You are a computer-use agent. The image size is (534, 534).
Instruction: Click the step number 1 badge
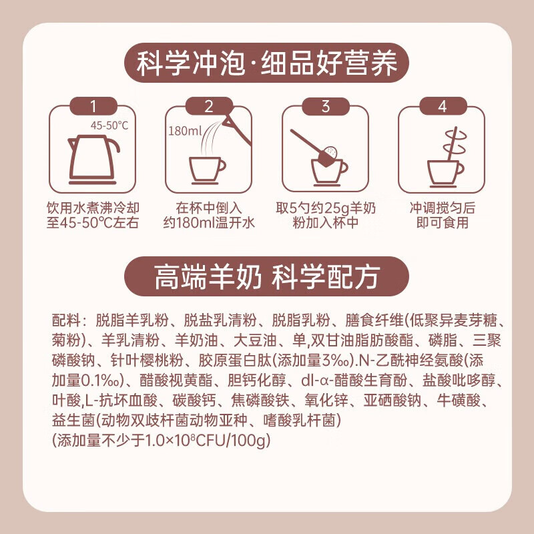click(93, 105)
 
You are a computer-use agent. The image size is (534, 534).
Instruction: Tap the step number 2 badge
click(209, 105)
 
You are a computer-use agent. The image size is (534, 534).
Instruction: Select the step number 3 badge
click(325, 105)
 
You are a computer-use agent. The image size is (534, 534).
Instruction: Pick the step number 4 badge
click(441, 105)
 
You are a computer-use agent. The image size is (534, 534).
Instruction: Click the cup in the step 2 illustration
click(207, 168)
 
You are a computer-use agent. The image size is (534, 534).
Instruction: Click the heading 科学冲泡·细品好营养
click(267, 65)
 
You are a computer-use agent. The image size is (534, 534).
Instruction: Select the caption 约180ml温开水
click(209, 222)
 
